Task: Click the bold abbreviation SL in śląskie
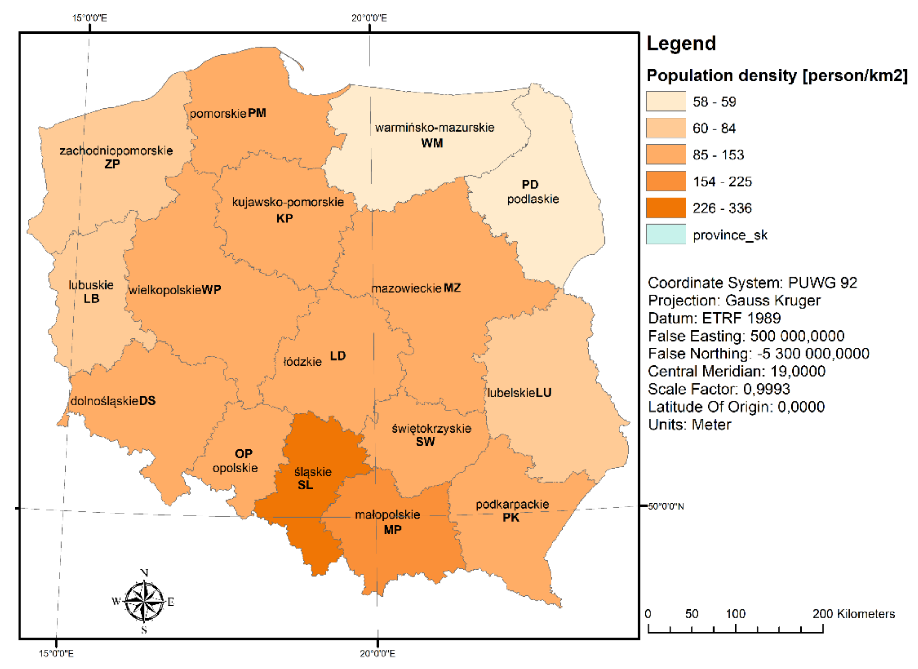pyautogui.click(x=305, y=485)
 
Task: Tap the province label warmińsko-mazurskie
pyautogui.click(x=434, y=127)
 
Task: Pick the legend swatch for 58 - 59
pyautogui.click(x=665, y=101)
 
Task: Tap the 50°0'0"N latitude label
pyautogui.click(x=666, y=507)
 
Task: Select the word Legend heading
pyautogui.click(x=681, y=43)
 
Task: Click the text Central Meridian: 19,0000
pyautogui.click(x=736, y=371)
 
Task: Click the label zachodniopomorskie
pyautogui.click(x=116, y=151)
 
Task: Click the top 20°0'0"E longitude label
pyautogui.click(x=369, y=18)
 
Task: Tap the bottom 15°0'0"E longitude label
pyautogui.click(x=56, y=653)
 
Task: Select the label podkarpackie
pyautogui.click(x=512, y=504)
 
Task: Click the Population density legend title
pyautogui.click(x=777, y=76)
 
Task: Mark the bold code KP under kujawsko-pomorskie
pyautogui.click(x=284, y=219)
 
